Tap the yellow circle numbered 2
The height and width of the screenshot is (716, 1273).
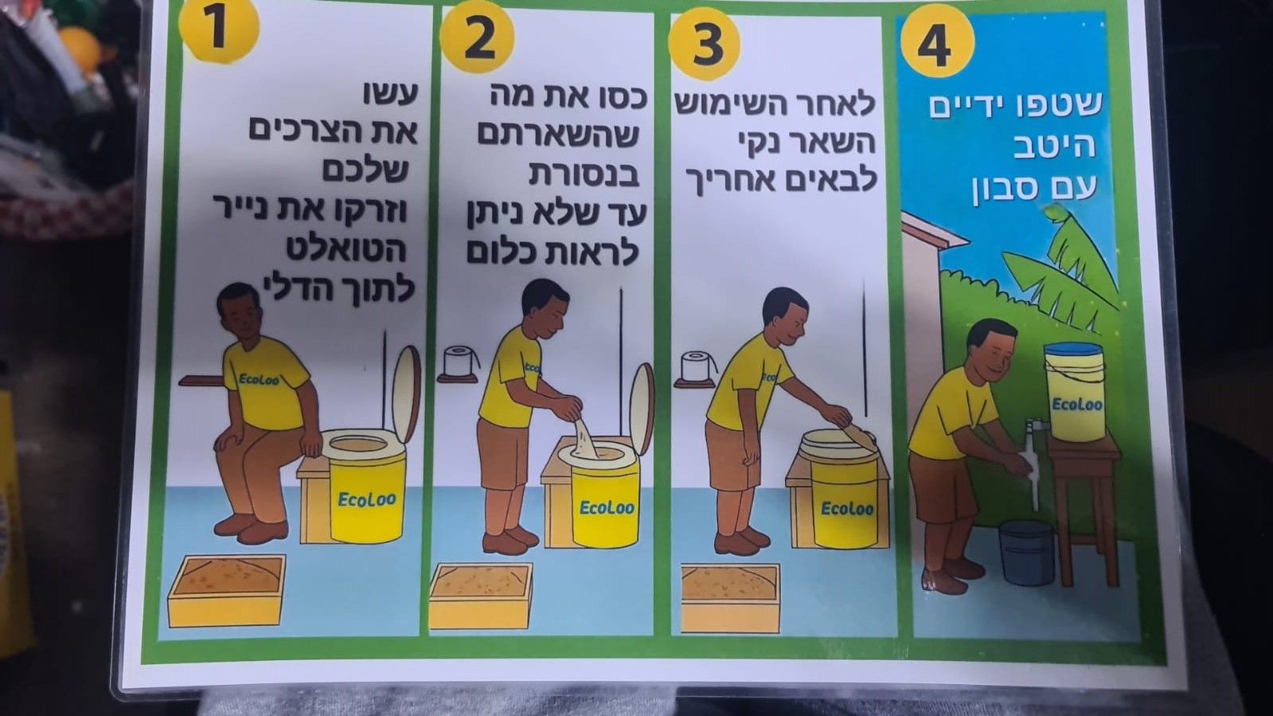pyautogui.click(x=477, y=36)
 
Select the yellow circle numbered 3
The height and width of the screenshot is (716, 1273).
pyautogui.click(x=705, y=44)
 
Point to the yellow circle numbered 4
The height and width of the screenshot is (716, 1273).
pyautogui.click(x=938, y=43)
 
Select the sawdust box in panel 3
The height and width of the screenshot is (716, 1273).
pyautogui.click(x=730, y=597)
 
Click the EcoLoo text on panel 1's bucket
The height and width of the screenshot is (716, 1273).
pyautogui.click(x=366, y=499)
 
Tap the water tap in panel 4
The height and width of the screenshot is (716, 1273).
pyautogui.click(x=1033, y=428)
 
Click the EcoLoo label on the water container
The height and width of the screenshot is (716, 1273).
pyautogui.click(x=1076, y=405)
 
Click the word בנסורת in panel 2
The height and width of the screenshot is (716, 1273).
pyautogui.click(x=584, y=174)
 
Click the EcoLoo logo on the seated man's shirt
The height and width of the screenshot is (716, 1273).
pyautogui.click(x=260, y=378)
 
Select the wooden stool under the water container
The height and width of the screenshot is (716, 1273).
pyautogui.click(x=1084, y=507)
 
